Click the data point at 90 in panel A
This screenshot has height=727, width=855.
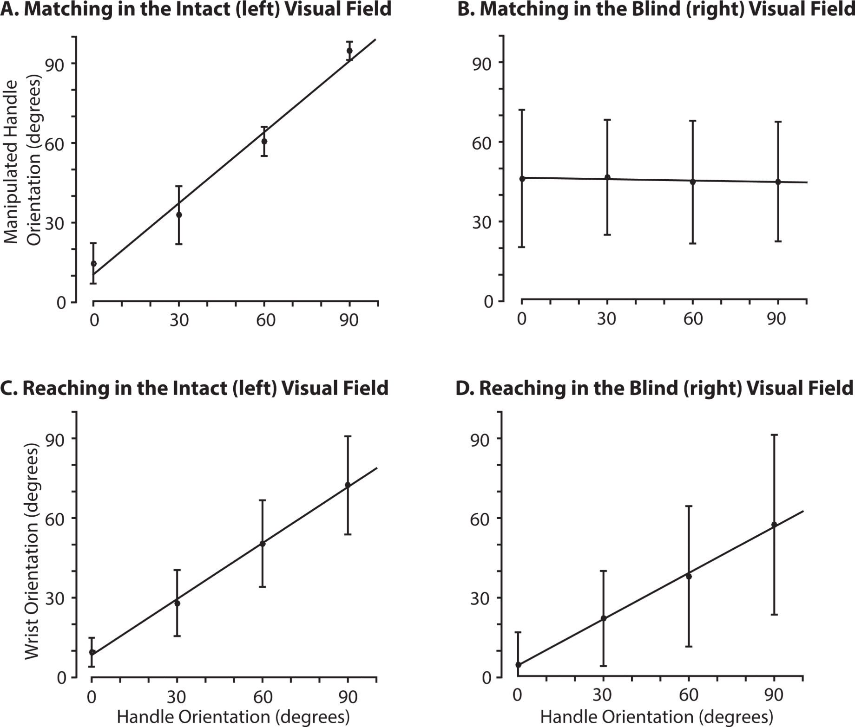349,51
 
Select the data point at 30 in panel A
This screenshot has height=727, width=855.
179,214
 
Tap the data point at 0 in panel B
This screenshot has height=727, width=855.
522,179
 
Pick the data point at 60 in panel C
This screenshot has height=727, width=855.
262,544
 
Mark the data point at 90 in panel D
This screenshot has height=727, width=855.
774,525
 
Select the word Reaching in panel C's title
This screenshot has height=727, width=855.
68,388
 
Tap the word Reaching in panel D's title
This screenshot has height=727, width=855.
524,388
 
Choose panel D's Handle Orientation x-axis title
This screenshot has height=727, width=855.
656,716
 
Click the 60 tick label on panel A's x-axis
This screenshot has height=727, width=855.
265,320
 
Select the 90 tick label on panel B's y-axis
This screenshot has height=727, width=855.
482,64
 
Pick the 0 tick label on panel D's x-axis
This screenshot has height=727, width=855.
517,695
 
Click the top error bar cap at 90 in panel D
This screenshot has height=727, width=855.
774,435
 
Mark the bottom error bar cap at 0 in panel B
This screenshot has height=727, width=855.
522,247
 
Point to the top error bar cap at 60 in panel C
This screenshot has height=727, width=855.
262,500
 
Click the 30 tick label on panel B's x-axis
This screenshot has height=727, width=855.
606,319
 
